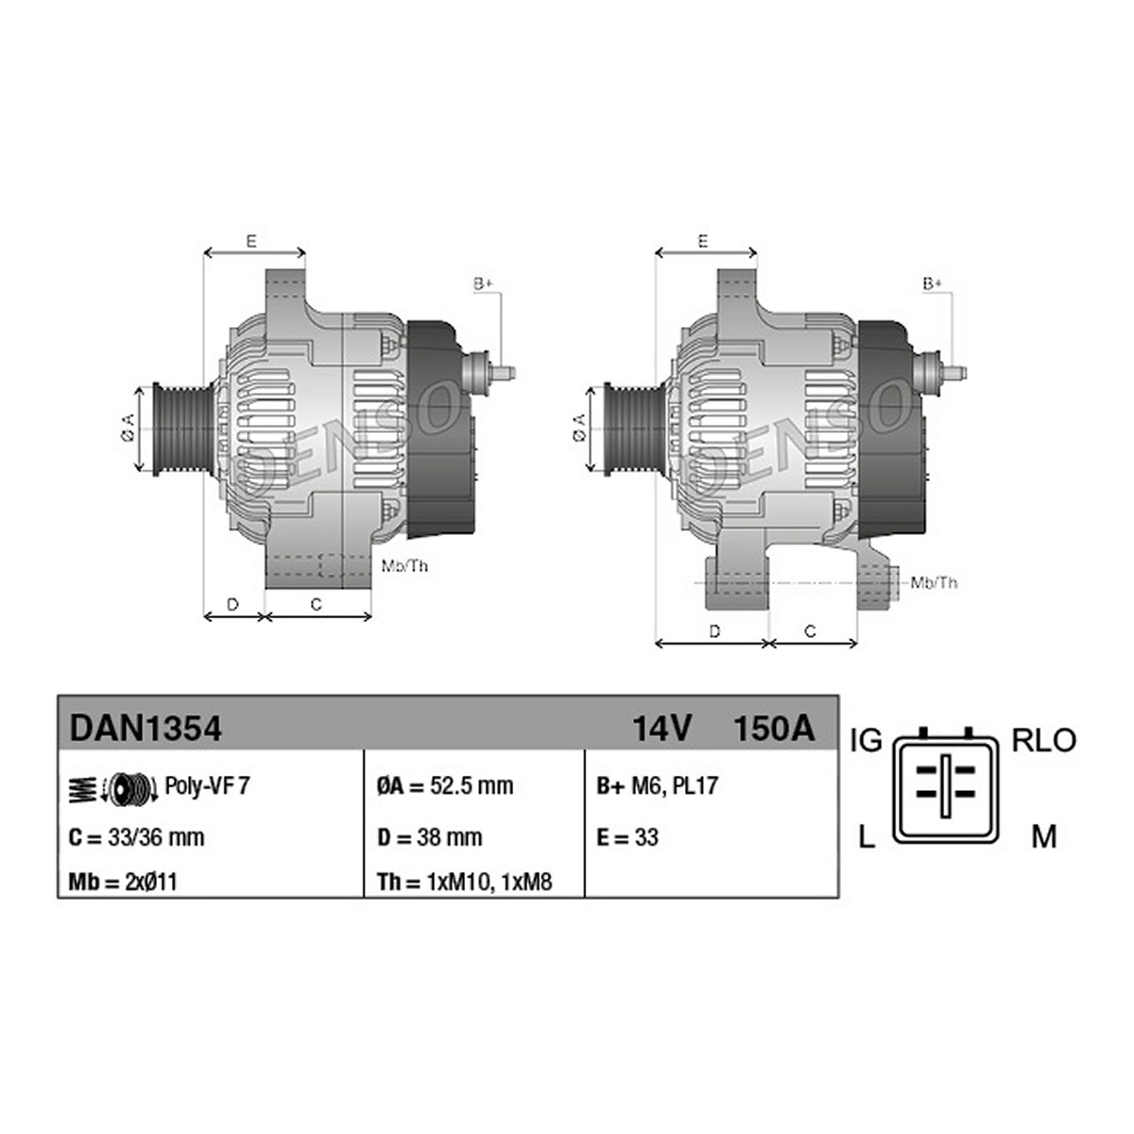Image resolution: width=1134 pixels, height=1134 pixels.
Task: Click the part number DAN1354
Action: click(146, 729)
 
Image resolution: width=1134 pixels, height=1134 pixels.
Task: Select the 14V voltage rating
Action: click(661, 729)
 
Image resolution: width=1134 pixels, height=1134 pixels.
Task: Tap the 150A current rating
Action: click(775, 729)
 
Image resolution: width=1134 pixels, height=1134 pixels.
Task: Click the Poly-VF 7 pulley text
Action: click(207, 785)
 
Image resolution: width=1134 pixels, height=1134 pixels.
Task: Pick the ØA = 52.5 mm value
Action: click(445, 785)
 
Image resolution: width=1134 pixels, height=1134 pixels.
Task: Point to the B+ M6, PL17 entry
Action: click(657, 785)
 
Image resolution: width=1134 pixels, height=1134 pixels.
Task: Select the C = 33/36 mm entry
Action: click(136, 837)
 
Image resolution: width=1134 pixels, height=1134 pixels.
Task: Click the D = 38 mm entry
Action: click(430, 837)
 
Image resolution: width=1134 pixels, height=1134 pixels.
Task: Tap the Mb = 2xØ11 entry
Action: click(123, 882)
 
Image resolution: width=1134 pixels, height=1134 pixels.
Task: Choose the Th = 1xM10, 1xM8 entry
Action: click(465, 882)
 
